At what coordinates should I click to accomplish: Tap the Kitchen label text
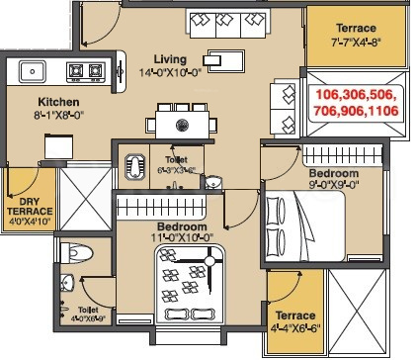pyautogui.click(x=58, y=102)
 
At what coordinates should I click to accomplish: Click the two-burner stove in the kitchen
pyautogui.click(x=85, y=70)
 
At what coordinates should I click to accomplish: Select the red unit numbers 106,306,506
pyautogui.click(x=356, y=93)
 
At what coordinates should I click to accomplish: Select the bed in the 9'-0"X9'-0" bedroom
pyautogui.click(x=304, y=229)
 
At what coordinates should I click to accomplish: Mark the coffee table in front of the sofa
pyautogui.click(x=226, y=57)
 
